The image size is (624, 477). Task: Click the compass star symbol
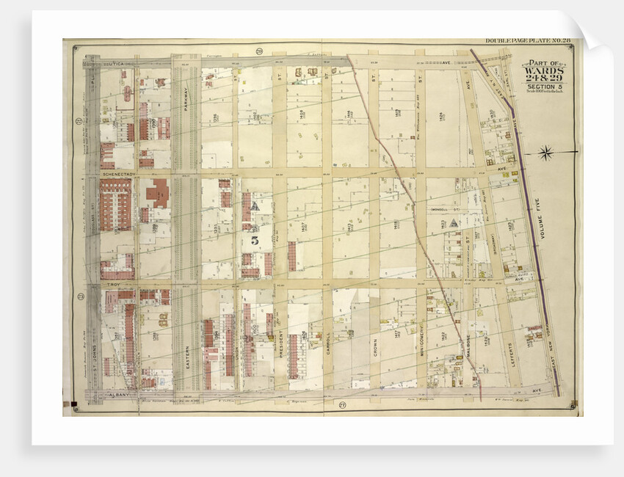545,153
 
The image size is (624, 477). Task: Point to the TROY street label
113,284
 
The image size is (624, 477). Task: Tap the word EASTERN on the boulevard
186,357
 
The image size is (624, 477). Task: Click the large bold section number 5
254,239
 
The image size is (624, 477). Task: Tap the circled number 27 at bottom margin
342,405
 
